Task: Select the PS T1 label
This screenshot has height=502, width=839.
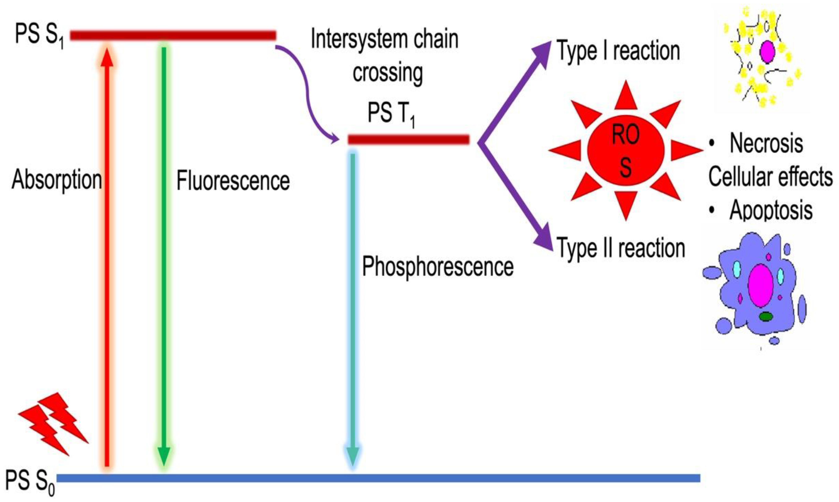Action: [391, 114]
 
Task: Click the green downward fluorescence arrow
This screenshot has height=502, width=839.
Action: [164, 257]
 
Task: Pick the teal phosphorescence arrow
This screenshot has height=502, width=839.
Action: [353, 304]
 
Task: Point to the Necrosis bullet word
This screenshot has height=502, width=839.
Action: [766, 144]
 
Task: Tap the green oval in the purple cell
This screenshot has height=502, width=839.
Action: [766, 317]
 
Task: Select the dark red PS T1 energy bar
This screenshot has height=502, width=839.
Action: [409, 139]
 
